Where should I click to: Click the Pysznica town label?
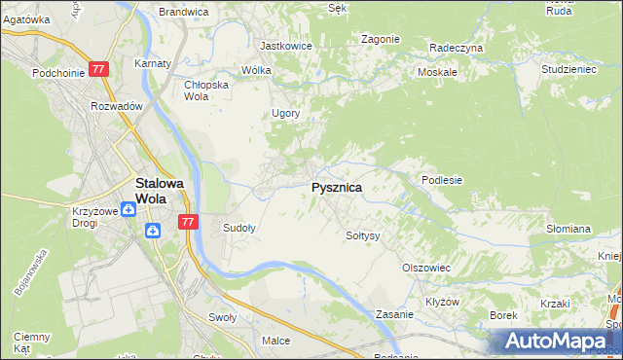point(337,188)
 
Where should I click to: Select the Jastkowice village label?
point(284,45)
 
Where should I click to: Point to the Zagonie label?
point(380,39)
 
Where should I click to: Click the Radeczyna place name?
point(456,47)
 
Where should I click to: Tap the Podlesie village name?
point(441,180)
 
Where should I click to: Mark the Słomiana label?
point(568,229)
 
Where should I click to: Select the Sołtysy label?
point(363,235)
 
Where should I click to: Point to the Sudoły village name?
point(239,228)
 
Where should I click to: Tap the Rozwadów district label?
point(117,106)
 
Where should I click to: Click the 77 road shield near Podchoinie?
point(98,70)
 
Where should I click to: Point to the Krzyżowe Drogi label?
point(94,217)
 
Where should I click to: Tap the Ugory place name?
point(285,113)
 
